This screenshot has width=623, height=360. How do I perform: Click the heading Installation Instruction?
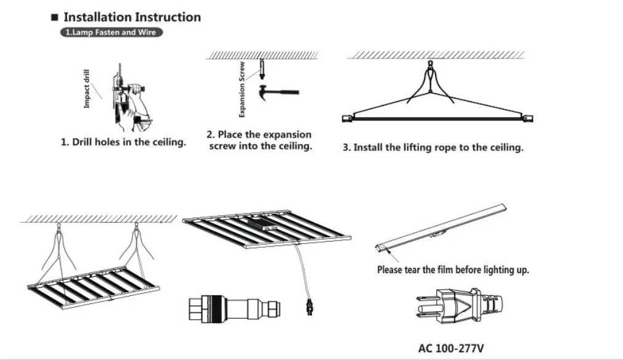pos(132,17)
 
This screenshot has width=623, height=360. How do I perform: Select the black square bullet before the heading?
pos(54,18)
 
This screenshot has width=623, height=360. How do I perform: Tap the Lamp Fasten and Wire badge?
pos(112,32)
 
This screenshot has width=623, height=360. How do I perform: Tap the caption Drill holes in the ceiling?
pos(123,142)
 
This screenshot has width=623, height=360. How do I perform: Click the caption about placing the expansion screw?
pos(259,141)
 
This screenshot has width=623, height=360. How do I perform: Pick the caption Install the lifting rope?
pos(433,148)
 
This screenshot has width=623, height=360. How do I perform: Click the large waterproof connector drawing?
pos(235,308)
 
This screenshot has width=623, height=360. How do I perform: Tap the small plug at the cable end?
pos(309,305)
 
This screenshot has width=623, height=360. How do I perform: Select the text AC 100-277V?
pos(451,348)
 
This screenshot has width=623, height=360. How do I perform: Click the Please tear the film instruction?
pos(453,270)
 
